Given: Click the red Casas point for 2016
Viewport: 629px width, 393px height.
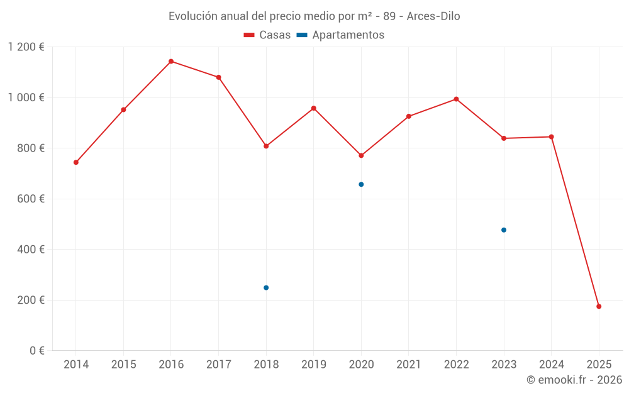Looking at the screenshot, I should click(x=171, y=62).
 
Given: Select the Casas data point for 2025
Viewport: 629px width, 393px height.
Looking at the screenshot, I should click(x=599, y=306).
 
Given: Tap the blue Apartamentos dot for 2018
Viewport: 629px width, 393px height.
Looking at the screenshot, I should click(x=266, y=287).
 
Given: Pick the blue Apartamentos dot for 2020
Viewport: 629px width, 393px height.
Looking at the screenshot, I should click(x=361, y=184).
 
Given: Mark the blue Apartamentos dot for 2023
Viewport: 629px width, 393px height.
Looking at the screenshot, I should click(x=504, y=230).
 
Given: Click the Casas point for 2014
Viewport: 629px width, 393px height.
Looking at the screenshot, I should click(x=76, y=162).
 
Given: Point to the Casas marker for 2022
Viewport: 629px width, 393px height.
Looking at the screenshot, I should click(x=456, y=99).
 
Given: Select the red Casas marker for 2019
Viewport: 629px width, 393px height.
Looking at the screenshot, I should click(x=314, y=108).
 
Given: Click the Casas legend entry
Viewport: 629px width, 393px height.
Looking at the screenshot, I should click(x=267, y=35).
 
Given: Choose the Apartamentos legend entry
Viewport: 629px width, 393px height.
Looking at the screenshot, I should click(x=340, y=35).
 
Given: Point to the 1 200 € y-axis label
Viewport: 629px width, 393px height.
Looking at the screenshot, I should click(x=26, y=47).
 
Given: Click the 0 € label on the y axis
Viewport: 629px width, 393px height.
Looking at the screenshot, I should click(x=36, y=351).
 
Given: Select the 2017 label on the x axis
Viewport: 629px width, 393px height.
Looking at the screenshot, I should click(x=218, y=365).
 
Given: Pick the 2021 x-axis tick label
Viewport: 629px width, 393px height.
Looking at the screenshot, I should click(x=409, y=365).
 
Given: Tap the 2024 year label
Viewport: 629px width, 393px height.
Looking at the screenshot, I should click(x=552, y=365).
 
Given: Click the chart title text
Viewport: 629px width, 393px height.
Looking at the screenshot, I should click(x=314, y=16).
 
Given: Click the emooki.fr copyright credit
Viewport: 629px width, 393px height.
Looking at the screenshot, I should click(x=574, y=380).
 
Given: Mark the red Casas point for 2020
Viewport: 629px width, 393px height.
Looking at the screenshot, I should click(x=361, y=155).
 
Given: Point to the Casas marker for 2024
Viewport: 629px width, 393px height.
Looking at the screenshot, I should click(x=552, y=136).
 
